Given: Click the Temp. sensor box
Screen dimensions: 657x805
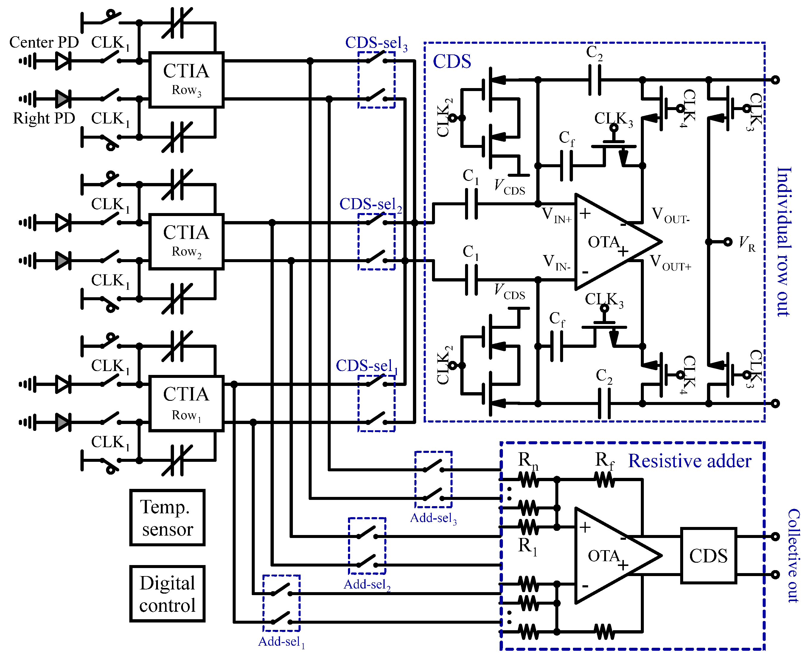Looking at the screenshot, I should click(167, 518).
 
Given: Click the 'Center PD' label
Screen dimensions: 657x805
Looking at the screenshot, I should click(44, 42).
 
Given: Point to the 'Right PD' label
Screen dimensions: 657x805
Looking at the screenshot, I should click(44, 118).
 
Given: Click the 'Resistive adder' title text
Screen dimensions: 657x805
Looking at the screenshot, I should click(689, 461).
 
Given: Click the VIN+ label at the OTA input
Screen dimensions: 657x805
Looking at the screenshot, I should click(556, 215).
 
